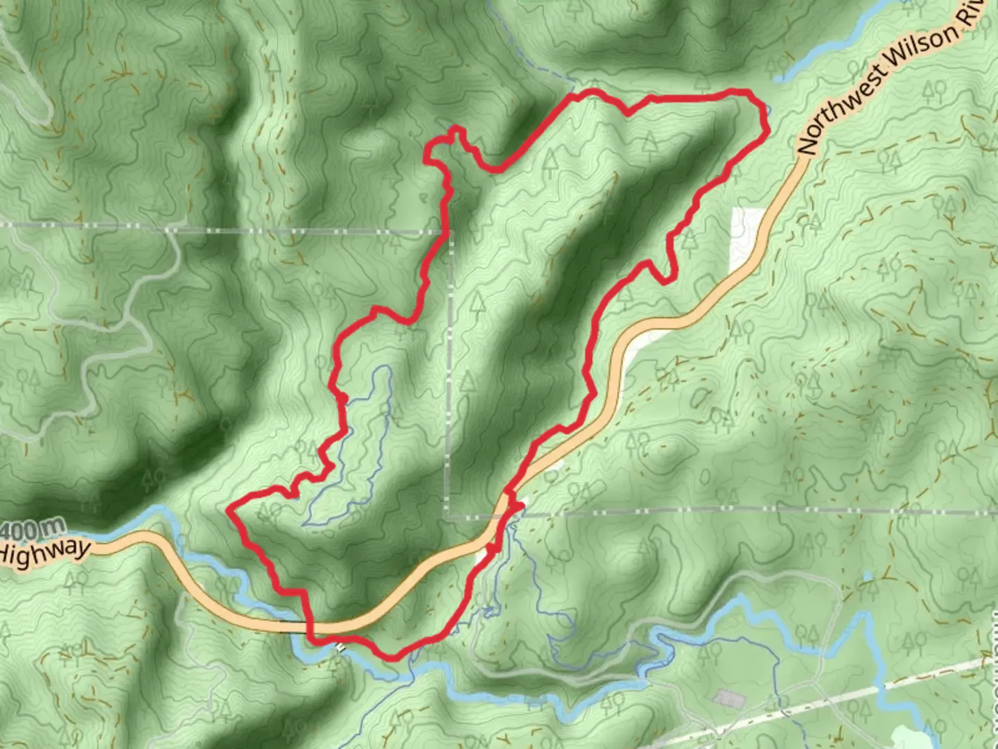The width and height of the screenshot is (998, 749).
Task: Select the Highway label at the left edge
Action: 45,552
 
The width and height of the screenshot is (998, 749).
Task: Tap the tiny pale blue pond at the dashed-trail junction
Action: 867,576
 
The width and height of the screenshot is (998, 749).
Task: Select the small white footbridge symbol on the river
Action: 340,647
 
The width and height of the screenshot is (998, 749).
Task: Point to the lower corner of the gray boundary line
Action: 449,516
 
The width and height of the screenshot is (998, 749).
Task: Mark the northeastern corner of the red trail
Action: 750,92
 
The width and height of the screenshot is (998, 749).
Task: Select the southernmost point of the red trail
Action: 392,657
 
